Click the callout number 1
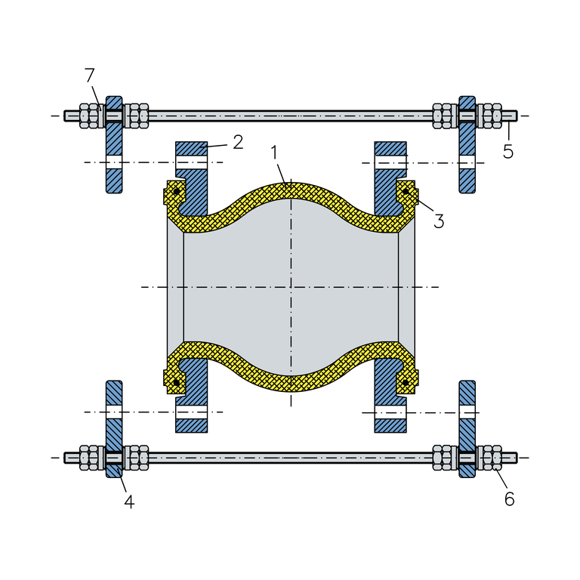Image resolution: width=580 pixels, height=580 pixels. point(276,153)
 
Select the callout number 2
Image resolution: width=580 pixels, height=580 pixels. point(238,141)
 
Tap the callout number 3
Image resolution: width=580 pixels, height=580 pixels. point(438,221)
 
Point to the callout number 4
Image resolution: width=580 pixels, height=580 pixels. point(129,501)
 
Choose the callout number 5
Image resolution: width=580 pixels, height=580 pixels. point(508,152)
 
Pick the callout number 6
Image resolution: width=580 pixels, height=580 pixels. point(509,499)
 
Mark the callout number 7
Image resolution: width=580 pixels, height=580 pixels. point(90,76)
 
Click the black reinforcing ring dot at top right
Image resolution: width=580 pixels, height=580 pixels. point(406,192)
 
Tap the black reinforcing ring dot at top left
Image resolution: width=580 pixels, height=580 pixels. point(176,192)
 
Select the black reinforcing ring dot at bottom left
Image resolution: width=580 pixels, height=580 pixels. point(176,383)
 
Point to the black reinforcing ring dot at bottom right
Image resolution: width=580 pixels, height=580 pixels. point(406,383)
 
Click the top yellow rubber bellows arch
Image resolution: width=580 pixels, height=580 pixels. point(291,191)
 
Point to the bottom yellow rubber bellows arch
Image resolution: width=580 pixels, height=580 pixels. point(291,383)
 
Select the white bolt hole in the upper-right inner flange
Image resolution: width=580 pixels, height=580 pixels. point(390,162)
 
